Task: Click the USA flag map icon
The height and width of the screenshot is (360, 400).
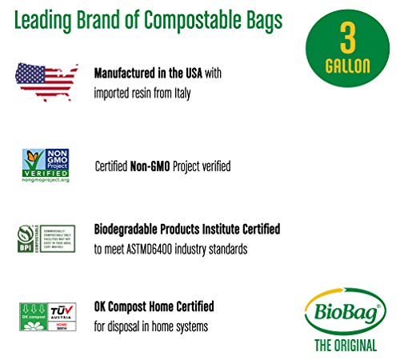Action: coord(46,81)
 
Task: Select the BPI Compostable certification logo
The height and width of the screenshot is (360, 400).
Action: coord(45,239)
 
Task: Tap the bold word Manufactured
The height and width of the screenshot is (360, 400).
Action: coord(126,73)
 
